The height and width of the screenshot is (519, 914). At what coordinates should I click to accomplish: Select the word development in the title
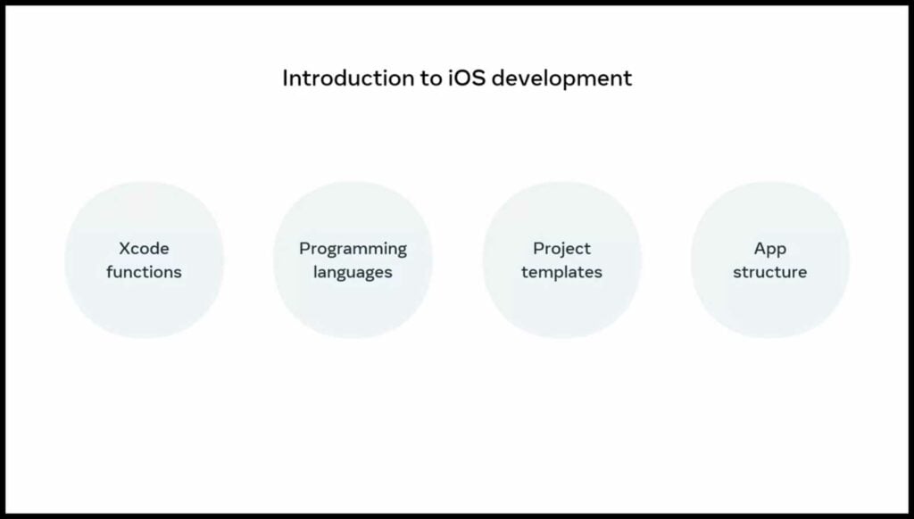[562, 78]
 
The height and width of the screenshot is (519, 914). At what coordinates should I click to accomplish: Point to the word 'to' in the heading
[431, 78]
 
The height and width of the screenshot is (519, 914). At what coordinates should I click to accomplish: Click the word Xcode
[144, 248]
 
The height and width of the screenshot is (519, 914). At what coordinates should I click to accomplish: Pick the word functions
[144, 271]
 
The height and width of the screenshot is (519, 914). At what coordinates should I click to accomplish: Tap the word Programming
[353, 250]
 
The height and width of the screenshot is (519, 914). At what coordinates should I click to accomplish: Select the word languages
[353, 273]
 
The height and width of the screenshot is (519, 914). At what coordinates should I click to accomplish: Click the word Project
[562, 250]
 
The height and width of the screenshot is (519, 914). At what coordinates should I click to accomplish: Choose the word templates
[562, 272]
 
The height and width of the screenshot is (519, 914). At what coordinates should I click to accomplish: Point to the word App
[770, 250]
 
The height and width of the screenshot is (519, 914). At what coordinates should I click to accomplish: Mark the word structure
[770, 271]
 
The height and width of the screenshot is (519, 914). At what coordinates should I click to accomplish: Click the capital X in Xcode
[126, 249]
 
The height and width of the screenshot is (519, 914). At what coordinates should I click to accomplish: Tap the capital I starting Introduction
[285, 78]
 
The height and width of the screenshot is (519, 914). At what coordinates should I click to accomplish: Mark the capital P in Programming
[305, 249]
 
